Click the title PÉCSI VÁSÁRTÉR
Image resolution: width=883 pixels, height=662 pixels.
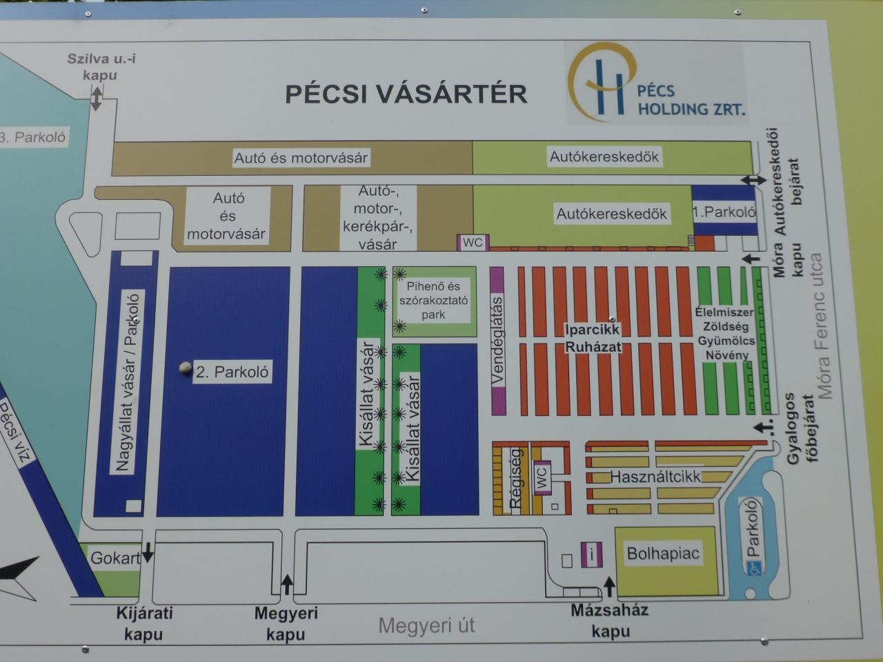point(406,93)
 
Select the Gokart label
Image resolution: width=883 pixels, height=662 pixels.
point(115,558)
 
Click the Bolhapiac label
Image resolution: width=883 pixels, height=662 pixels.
point(663,554)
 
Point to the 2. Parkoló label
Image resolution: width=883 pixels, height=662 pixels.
point(232,372)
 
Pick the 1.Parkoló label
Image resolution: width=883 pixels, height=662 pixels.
point(724,212)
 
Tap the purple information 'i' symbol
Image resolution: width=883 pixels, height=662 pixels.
point(591,554)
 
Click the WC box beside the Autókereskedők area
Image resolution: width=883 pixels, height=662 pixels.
point(473,242)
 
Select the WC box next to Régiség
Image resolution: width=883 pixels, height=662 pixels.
point(542,477)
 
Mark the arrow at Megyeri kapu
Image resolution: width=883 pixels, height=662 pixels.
point(286,585)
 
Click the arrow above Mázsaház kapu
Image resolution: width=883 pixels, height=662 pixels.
point(609,587)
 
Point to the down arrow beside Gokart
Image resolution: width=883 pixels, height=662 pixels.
point(148,552)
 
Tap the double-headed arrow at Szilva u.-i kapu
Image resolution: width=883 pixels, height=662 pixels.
point(96,99)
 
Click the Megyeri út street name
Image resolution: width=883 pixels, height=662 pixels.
point(426,625)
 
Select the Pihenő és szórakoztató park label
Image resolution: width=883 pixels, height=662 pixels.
point(433,300)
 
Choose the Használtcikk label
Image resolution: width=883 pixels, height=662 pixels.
point(655,477)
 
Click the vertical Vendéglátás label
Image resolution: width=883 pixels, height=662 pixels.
point(497,341)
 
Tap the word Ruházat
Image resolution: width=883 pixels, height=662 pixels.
point(593,346)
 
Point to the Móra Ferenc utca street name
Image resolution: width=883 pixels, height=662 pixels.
point(822,326)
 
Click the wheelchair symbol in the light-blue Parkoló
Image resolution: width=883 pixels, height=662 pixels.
point(751,569)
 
